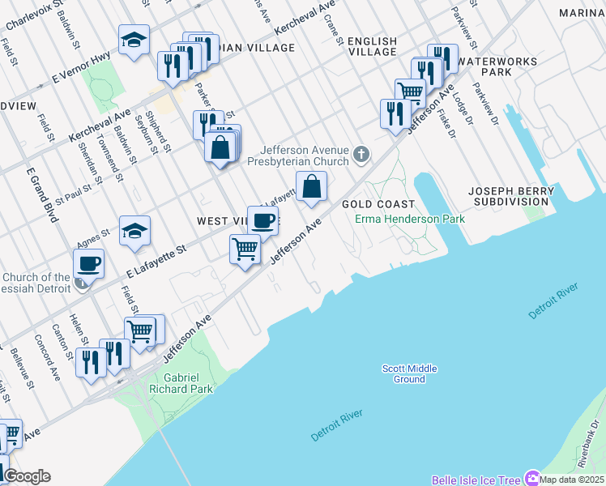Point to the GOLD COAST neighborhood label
click(378, 204)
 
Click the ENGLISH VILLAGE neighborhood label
click(372, 46)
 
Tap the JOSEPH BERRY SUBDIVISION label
click(511, 195)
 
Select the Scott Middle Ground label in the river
click(409, 373)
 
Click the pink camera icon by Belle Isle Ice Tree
click(532, 478)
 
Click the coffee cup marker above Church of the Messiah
click(88, 263)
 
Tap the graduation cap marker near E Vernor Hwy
click(134, 40)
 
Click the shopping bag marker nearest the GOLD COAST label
click(311, 187)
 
